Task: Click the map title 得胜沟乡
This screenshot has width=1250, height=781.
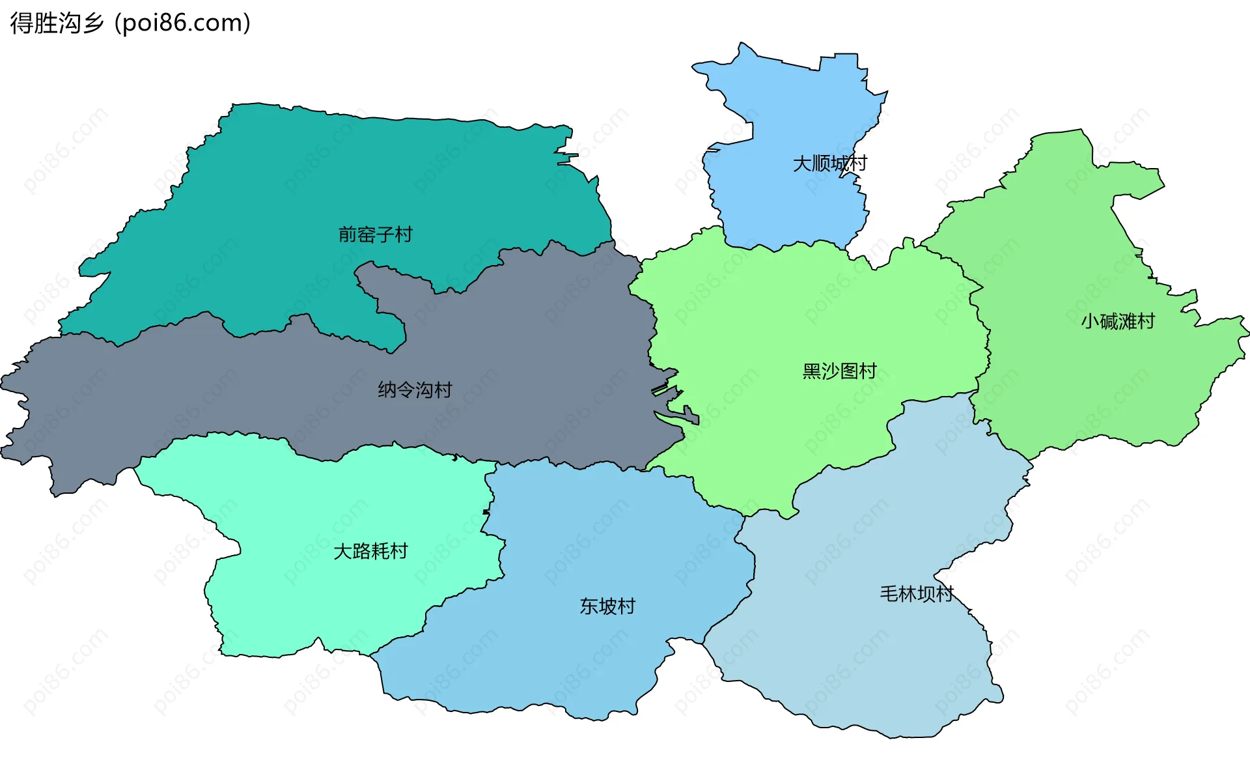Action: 57,23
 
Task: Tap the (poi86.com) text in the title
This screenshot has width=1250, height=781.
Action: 182,23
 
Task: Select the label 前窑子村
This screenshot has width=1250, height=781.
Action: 376,234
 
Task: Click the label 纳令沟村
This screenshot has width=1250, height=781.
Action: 415,390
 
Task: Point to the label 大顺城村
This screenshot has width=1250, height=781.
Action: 829,163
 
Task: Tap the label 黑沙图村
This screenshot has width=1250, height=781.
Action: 839,371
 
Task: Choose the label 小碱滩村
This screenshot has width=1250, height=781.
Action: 1117,321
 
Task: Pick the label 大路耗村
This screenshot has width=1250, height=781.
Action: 370,552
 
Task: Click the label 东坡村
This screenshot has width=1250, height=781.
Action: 607,606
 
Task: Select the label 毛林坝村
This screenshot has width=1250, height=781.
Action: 916,594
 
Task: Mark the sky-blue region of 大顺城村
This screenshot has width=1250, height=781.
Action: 794,208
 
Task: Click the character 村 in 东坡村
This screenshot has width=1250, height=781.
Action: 626,606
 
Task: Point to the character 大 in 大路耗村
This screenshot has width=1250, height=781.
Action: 342,552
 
